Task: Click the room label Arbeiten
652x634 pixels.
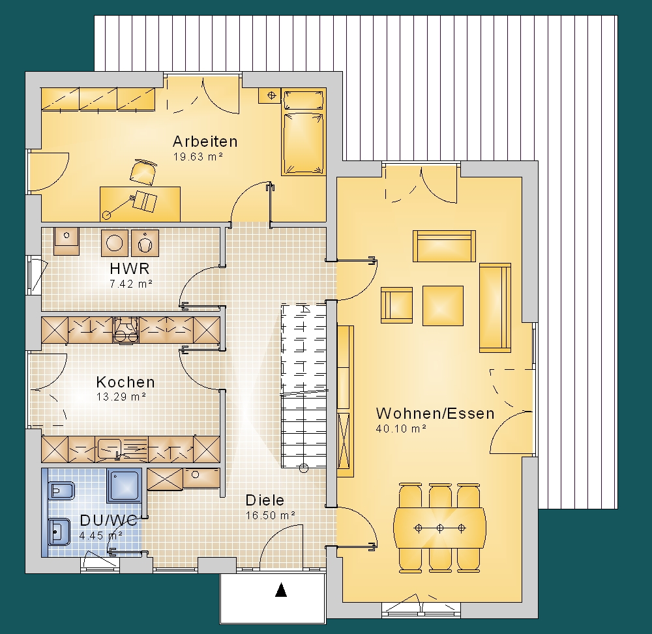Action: (205, 142)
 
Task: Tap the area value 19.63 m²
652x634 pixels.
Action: (198, 157)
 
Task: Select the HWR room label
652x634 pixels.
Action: (130, 268)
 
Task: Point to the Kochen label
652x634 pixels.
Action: (126, 382)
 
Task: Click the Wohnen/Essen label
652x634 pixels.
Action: (436, 413)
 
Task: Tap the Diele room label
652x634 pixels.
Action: (265, 500)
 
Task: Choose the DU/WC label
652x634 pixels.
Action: (108, 521)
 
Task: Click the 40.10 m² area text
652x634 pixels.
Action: (401, 429)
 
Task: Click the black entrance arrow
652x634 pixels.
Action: (282, 590)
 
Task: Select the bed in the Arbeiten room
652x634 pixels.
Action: (303, 132)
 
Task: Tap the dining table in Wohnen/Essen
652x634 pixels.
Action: (439, 528)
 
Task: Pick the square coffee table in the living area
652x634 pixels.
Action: (443, 306)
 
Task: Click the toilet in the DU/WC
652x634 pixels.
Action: (61, 491)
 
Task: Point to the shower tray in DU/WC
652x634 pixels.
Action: (124, 485)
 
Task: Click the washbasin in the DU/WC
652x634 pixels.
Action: (59, 531)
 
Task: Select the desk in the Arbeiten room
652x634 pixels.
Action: (140, 204)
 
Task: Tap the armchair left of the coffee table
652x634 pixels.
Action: (396, 305)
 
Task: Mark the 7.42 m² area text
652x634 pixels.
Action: (130, 284)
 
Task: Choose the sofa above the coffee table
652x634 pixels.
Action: (444, 246)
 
